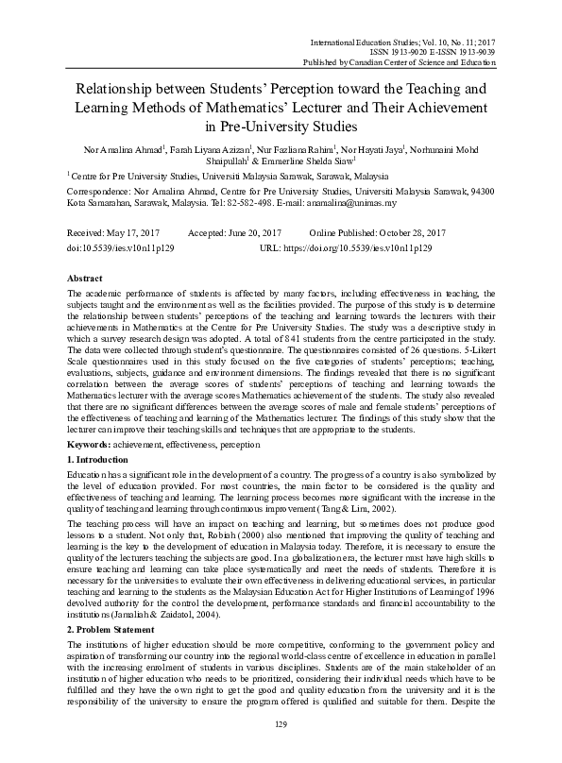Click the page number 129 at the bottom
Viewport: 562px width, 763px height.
coord(280,750)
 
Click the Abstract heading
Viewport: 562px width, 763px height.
coord(86,280)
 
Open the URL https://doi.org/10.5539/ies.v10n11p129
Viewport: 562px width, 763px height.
coord(359,246)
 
